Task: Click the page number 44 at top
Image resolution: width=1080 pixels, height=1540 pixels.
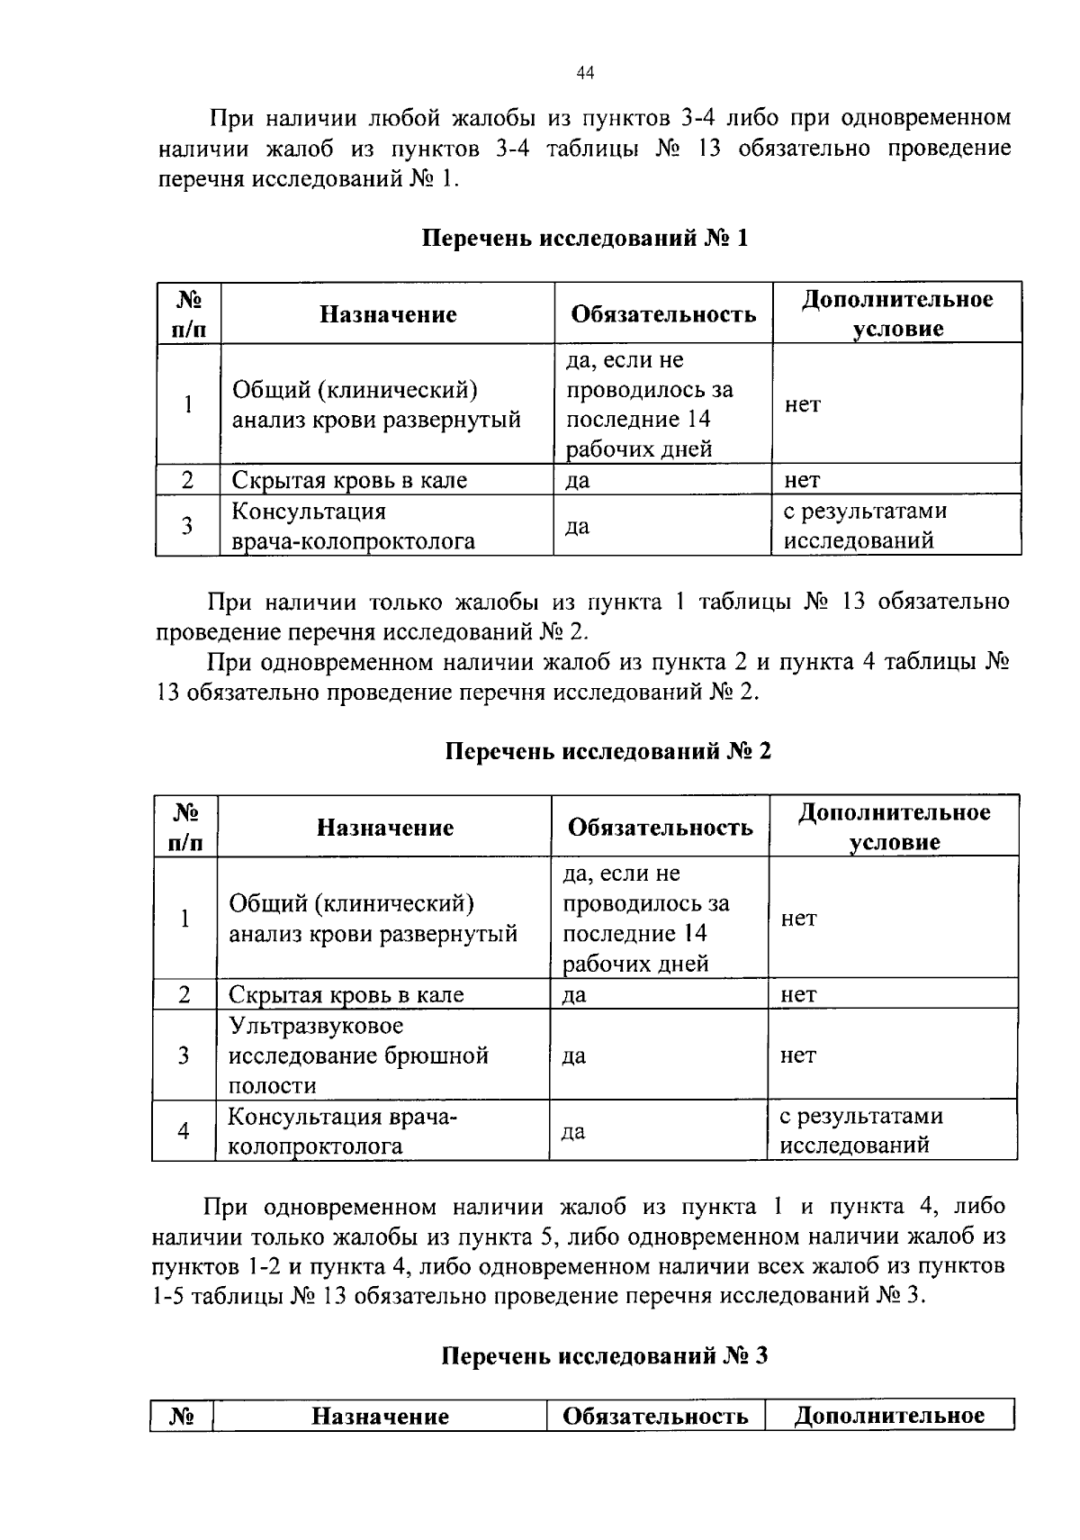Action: click(x=585, y=74)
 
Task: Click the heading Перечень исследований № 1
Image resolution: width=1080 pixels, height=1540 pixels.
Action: click(x=585, y=239)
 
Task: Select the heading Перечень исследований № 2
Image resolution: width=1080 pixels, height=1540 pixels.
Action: click(x=608, y=751)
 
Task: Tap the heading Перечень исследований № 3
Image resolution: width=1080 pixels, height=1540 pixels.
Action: click(x=605, y=1355)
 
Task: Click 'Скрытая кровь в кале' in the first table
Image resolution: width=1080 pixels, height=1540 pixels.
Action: click(x=349, y=480)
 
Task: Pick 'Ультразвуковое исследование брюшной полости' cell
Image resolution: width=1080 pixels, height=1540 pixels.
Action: click(x=358, y=1055)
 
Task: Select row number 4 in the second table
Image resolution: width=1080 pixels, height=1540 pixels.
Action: click(x=184, y=1131)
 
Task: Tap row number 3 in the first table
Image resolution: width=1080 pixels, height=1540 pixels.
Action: click(x=187, y=526)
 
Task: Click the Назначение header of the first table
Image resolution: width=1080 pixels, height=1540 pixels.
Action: click(x=388, y=314)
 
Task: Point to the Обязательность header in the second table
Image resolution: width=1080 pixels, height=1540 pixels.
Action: click(x=660, y=828)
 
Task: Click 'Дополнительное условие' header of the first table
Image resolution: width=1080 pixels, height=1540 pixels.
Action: click(x=897, y=313)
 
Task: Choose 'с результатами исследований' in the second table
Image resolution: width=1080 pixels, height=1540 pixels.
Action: click(x=860, y=1131)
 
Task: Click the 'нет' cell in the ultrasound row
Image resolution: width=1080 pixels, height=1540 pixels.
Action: click(x=797, y=1055)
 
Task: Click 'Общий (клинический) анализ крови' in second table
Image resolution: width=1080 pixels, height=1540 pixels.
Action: click(x=373, y=918)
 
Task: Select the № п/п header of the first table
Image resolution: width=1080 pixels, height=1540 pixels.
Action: click(x=187, y=313)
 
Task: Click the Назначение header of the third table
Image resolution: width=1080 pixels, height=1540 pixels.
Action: click(x=380, y=1417)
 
